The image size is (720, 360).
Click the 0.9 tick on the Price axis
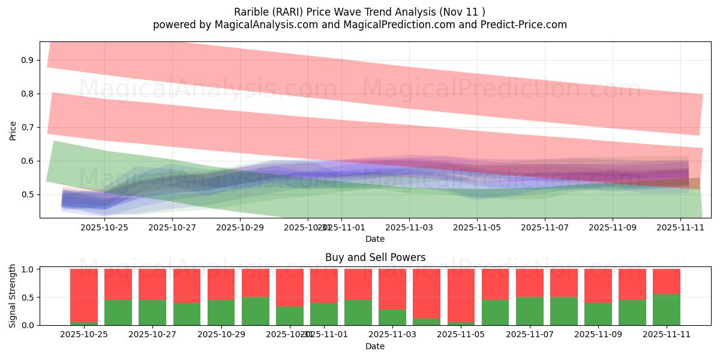tap(28, 60)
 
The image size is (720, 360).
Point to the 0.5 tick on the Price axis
tap(28, 194)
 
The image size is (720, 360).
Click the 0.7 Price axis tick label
tap(28, 127)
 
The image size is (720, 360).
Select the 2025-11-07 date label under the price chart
tap(544, 228)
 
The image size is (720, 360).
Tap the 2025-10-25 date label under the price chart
tap(104, 228)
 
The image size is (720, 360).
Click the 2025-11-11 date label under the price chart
tap(680, 228)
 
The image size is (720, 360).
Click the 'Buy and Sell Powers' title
tap(375, 257)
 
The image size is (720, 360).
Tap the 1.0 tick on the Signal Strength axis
tap(28, 269)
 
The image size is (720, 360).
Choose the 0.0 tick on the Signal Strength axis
tap(28, 325)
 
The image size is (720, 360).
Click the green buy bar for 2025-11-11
tap(667, 310)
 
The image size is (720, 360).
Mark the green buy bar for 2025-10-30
tap(255, 311)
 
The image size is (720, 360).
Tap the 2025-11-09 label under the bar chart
tap(598, 335)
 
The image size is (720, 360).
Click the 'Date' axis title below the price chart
tap(375, 239)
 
